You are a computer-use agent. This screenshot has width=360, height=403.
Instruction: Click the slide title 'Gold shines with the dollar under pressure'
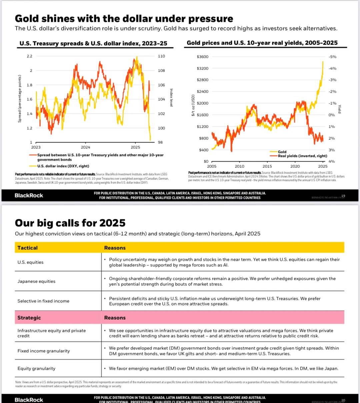(124, 18)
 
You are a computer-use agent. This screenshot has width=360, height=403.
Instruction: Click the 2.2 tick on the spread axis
(30, 56)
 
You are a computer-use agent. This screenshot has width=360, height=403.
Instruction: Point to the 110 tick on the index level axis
(161, 56)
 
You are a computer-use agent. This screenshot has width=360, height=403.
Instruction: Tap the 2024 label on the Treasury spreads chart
(85, 147)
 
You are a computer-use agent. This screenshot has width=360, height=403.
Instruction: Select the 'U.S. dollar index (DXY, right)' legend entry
(63, 166)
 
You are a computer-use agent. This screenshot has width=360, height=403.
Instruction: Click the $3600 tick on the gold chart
(202, 57)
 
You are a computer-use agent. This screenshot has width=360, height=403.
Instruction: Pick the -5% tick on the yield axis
(332, 57)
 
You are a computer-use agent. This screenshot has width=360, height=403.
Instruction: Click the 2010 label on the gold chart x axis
(239, 166)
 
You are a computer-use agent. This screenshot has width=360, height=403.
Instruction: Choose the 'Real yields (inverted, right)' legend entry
(302, 156)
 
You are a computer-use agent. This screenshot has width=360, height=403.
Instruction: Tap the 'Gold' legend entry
(282, 152)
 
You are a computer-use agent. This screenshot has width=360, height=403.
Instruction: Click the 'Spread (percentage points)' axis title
(20, 99)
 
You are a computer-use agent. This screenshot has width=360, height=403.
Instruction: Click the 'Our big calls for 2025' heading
(70, 223)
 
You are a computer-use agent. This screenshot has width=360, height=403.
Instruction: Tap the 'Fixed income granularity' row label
(44, 351)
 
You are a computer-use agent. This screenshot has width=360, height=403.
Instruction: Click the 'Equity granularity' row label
(36, 368)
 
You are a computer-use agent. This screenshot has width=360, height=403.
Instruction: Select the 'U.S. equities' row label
(30, 262)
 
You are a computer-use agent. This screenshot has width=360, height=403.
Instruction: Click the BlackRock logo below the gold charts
(29, 195)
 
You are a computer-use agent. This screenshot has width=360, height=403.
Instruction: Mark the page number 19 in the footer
(343, 196)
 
